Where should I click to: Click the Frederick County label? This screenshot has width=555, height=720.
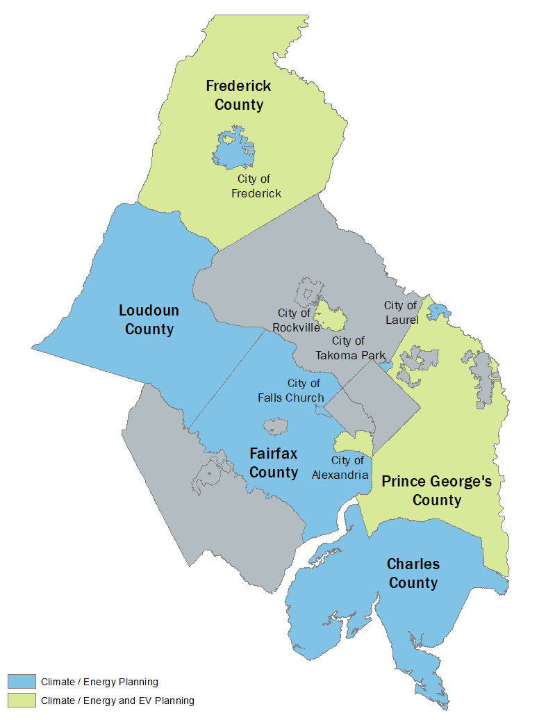coord(238,95)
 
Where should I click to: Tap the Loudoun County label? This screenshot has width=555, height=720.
coord(149,319)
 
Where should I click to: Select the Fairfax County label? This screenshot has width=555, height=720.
coord(274,463)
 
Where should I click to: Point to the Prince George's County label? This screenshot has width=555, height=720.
coord(437,491)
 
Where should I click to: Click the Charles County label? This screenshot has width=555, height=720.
coord(413,573)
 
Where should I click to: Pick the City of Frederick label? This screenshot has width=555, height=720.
coord(256,186)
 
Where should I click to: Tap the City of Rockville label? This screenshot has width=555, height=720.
coord(297,320)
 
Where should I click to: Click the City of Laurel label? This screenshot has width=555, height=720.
coord(401,313)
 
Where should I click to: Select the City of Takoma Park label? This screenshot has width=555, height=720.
coord(350,347)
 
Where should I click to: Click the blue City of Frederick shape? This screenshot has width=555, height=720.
coord(230,149)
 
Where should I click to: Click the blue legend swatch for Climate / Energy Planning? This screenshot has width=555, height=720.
coord(22,681)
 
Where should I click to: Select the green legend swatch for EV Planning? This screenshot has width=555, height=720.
coord(22,700)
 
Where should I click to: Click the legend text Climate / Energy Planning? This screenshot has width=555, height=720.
coord(99,682)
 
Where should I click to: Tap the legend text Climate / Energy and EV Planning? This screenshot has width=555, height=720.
coord(117,701)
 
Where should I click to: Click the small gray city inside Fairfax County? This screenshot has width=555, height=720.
coord(275,426)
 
